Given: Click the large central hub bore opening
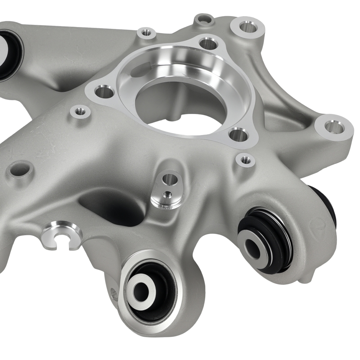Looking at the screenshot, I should [184, 104].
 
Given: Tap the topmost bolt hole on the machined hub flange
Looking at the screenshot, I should [208, 44].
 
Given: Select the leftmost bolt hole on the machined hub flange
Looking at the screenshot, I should [104, 91].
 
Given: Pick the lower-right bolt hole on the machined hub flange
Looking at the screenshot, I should [238, 135].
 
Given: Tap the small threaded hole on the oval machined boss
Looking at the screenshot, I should [166, 195].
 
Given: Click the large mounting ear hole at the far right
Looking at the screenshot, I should [334, 127].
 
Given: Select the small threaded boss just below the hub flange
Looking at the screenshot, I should [246, 159].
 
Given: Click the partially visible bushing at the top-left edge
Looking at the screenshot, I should [8, 54].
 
